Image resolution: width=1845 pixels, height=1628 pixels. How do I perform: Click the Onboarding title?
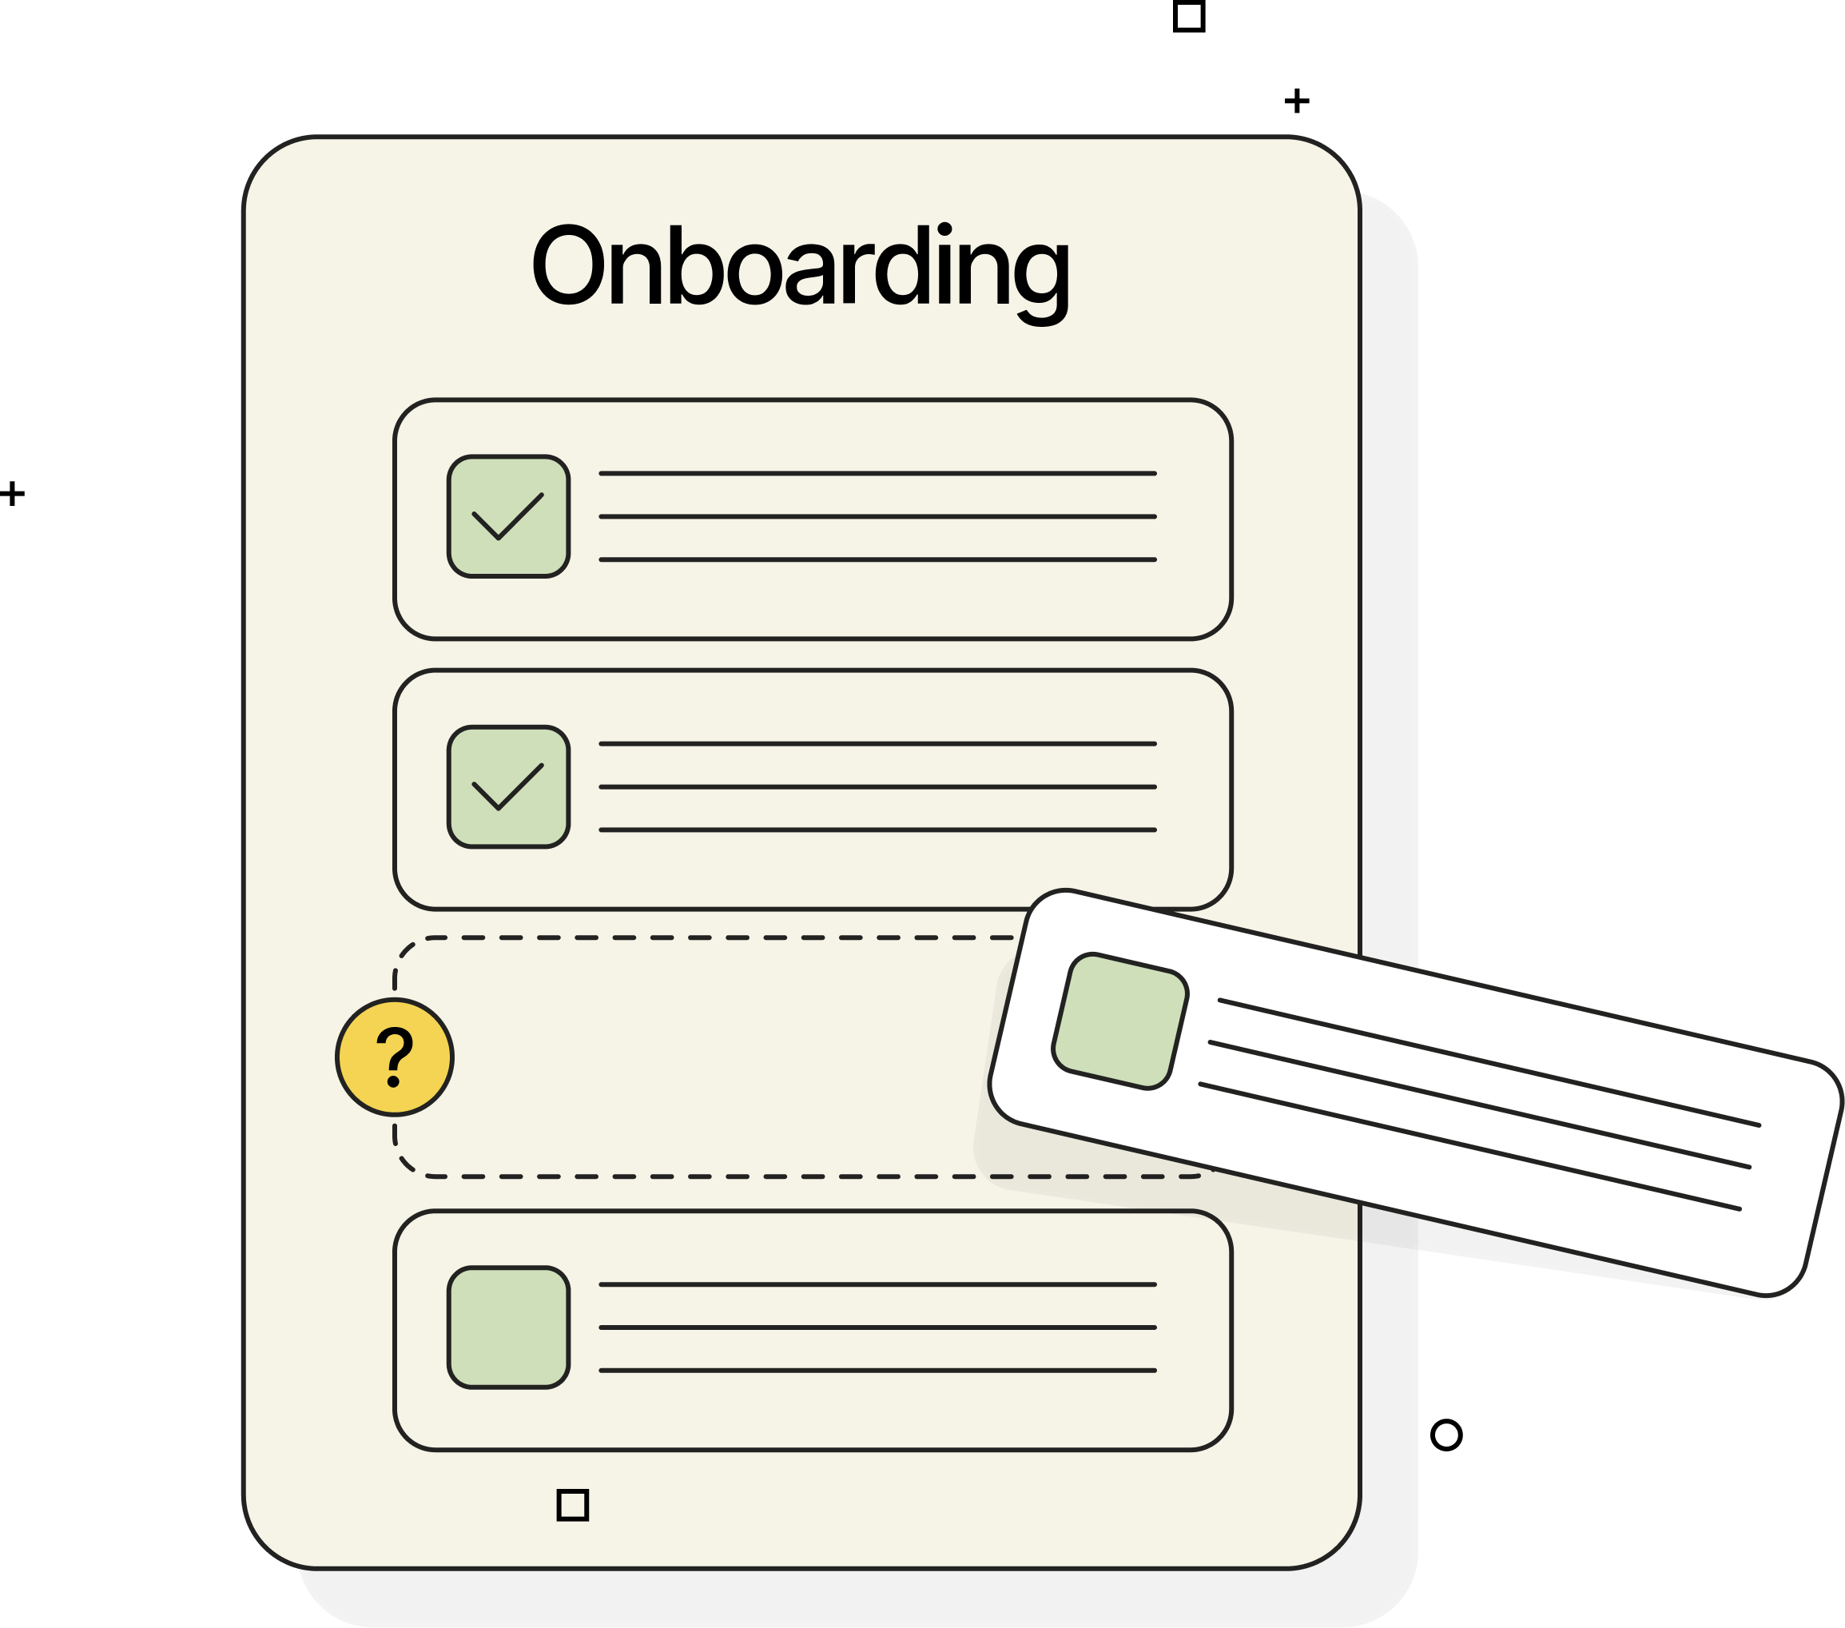[x=800, y=267]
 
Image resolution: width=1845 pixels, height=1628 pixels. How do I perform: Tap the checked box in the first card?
[x=508, y=516]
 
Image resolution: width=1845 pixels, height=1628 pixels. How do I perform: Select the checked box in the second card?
[x=508, y=787]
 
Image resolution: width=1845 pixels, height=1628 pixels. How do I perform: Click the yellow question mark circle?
[x=395, y=1057]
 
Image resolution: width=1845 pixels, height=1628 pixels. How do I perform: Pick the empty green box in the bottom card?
[x=508, y=1327]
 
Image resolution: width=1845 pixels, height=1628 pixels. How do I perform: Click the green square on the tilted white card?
[x=1120, y=1021]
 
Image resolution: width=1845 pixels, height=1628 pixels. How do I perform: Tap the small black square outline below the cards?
[x=572, y=1505]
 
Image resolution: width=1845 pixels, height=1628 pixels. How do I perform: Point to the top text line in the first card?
[x=877, y=473]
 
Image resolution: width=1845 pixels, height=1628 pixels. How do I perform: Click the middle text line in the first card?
[x=877, y=516]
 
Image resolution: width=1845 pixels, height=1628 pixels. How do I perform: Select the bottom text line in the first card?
[x=877, y=559]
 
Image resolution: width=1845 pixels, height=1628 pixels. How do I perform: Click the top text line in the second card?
[x=877, y=744]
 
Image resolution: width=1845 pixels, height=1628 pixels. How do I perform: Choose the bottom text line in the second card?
[x=877, y=830]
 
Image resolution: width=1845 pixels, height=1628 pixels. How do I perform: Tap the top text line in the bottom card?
[x=877, y=1284]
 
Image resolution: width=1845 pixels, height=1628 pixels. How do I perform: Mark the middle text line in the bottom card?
[x=877, y=1327]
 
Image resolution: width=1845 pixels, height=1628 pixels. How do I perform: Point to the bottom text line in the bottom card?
[x=877, y=1371]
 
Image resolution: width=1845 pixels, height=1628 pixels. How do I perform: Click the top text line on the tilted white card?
[x=1489, y=1063]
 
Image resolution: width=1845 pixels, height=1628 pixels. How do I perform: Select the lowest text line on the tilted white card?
[x=1469, y=1147]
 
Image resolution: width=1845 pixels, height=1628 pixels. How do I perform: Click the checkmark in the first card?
[x=507, y=517]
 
